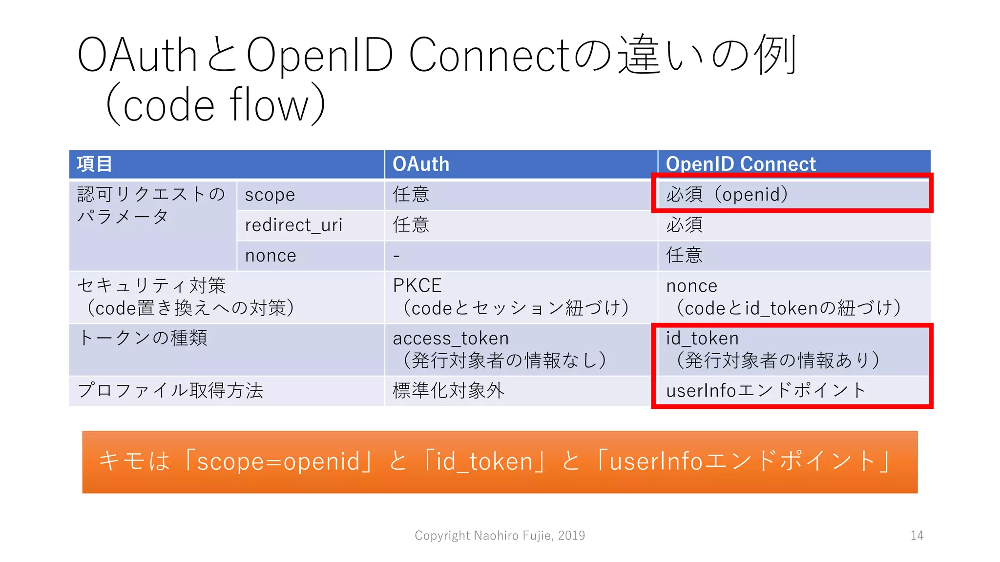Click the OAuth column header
click(x=421, y=164)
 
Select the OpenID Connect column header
click(x=740, y=164)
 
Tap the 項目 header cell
click(x=95, y=164)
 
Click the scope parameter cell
click(x=270, y=195)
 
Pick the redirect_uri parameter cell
click(x=293, y=225)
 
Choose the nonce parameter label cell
click(x=271, y=256)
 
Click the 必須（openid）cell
click(x=728, y=195)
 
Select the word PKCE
click(x=417, y=285)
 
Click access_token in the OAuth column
click(x=451, y=338)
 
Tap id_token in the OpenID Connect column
click(x=702, y=338)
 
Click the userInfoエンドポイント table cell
click(x=766, y=390)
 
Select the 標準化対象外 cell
click(x=448, y=390)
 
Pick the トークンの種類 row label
click(x=143, y=338)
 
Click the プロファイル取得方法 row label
click(x=170, y=390)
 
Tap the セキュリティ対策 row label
click(x=151, y=285)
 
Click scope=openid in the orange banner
click(x=278, y=462)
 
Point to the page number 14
click(x=917, y=536)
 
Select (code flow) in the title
click(x=215, y=105)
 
